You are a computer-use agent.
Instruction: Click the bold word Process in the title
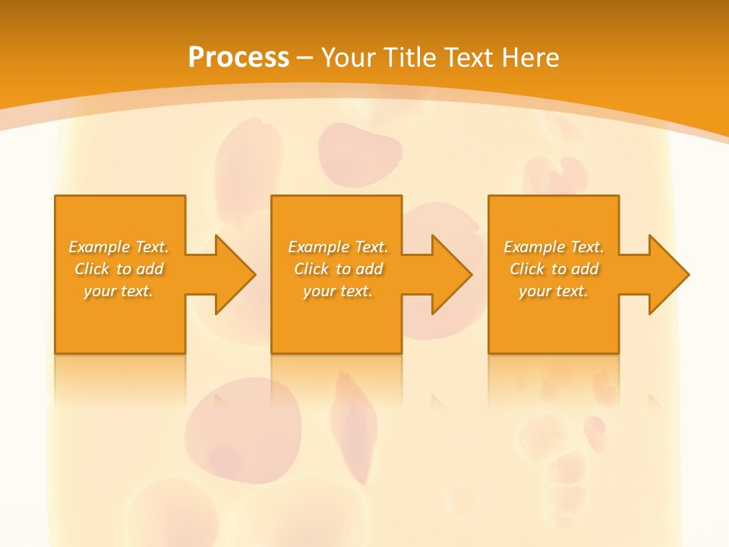point(238,57)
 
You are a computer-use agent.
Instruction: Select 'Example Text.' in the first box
point(119,247)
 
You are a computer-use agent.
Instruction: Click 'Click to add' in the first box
point(119,269)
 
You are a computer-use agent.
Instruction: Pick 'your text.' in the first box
point(119,291)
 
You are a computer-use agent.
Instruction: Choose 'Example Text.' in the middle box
point(338,247)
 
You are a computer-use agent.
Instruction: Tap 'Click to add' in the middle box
point(338,269)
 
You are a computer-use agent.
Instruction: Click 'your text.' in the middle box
point(338,291)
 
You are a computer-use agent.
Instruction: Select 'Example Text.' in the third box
point(554,247)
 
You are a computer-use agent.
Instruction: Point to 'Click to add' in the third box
point(554,269)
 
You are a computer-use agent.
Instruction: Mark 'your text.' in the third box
point(554,291)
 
